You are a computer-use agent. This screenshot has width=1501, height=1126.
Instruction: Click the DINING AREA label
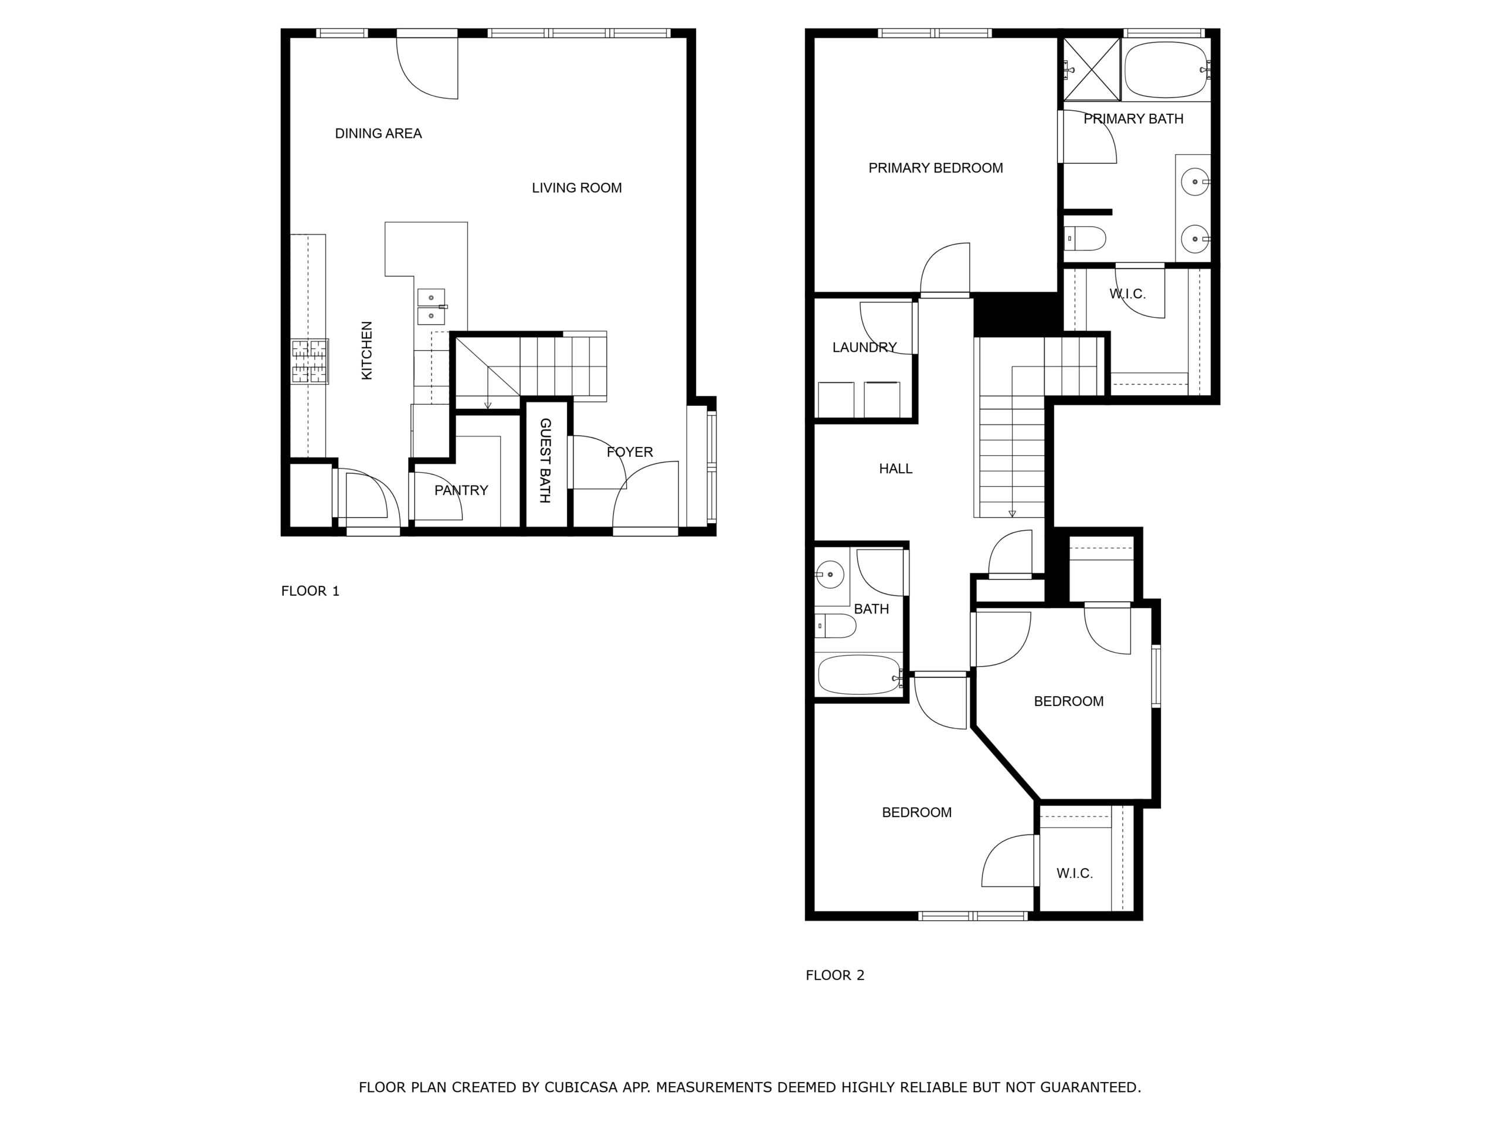click(378, 134)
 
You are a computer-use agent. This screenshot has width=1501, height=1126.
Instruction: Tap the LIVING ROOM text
click(576, 188)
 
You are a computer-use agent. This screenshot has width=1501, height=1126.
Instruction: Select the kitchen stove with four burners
click(310, 361)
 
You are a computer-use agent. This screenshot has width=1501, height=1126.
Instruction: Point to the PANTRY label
click(461, 490)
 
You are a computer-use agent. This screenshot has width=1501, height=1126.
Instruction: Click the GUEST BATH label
click(545, 460)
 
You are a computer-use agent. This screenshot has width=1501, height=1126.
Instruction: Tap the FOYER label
click(629, 452)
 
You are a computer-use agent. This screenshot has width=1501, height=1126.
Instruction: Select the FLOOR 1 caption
click(310, 591)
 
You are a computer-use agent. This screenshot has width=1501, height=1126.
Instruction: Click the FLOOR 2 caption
click(835, 975)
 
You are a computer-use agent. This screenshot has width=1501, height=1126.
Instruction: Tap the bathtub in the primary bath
click(1165, 69)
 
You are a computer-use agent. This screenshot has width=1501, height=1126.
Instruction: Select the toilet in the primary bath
click(1086, 239)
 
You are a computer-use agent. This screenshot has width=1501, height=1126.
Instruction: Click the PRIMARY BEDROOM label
click(935, 168)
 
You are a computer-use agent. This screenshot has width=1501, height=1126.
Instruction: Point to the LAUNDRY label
click(864, 348)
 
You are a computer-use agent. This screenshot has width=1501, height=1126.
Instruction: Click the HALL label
click(895, 469)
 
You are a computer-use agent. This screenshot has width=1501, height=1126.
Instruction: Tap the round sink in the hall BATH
click(830, 574)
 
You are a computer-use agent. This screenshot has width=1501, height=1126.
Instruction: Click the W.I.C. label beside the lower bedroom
click(1074, 873)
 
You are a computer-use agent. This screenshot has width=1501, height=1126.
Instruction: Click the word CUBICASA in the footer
click(580, 1087)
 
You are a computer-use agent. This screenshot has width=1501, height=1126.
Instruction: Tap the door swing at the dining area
click(427, 68)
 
